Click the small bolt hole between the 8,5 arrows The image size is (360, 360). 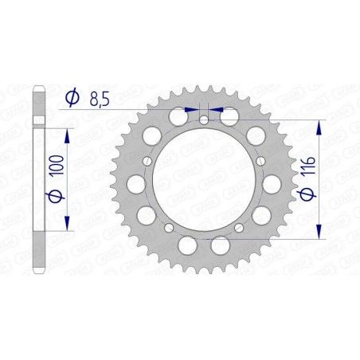[204, 120]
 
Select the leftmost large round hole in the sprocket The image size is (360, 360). [135, 184]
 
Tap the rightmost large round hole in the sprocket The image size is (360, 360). [273, 184]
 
